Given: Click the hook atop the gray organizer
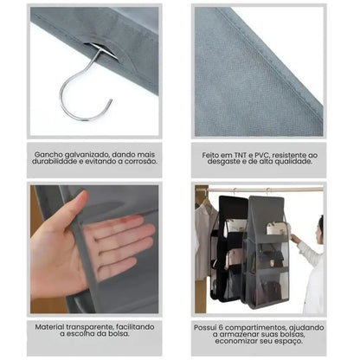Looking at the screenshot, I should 267,190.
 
